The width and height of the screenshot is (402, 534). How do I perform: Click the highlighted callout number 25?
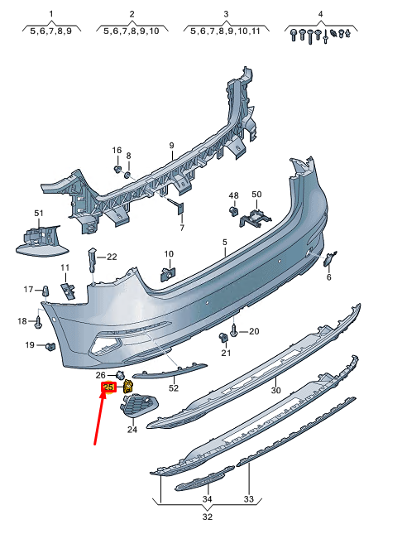[x=108, y=387]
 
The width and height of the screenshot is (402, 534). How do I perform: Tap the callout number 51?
[x=38, y=214]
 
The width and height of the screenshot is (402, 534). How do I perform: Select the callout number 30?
[x=275, y=390]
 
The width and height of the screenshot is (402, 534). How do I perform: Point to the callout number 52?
[x=174, y=387]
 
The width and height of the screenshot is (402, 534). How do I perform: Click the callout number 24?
[x=132, y=429]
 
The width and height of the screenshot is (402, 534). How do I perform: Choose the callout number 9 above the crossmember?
[x=171, y=145]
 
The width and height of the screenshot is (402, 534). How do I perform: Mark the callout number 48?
[x=233, y=195]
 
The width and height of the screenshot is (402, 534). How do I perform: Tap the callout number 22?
[x=112, y=256]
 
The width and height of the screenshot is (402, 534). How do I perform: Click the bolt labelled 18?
[x=39, y=320]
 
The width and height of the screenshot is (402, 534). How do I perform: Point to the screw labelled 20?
[x=235, y=330]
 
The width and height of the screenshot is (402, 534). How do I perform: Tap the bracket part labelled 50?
[x=256, y=217]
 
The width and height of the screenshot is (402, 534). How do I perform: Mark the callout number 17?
[x=27, y=290]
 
